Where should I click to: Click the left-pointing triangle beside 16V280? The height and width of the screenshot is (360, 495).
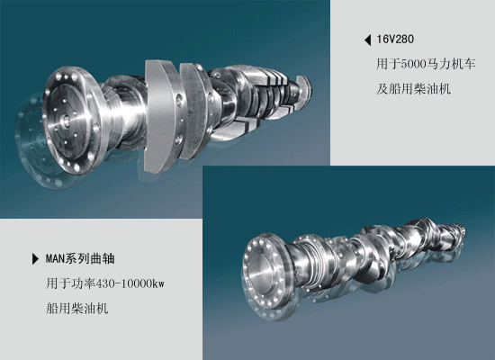click(367, 40)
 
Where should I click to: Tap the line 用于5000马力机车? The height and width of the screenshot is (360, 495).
click(420, 66)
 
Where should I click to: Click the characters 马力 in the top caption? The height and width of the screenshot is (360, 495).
click(440, 66)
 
